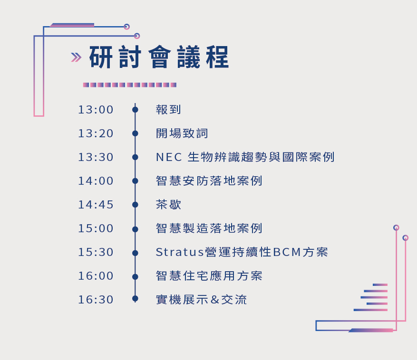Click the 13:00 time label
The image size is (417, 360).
96,110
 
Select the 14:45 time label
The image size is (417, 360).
96,205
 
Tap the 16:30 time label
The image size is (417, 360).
96,300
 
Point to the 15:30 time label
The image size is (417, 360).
96,252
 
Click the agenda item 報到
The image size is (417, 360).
168,110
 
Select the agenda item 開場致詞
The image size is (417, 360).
182,133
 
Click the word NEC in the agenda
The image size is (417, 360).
169,157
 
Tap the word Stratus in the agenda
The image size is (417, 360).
180,252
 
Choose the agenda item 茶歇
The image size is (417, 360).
168,205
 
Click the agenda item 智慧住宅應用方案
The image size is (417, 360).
209,276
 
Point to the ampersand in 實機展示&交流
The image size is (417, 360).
215,300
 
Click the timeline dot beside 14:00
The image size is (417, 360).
135,181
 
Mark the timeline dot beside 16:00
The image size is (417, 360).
135,277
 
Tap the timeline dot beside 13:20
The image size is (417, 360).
135,133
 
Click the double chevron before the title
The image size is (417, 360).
76,57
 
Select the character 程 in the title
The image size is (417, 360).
217,57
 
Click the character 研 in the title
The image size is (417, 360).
101,57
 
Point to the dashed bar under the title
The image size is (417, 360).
130,85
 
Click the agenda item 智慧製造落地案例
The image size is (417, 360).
209,228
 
